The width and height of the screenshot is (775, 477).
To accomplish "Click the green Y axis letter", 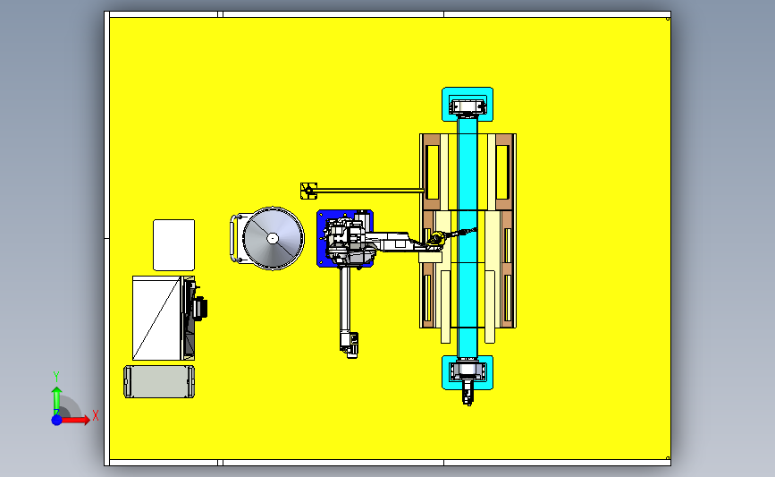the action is pos(55,377).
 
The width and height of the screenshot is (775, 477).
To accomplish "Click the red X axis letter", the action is pos(96,415).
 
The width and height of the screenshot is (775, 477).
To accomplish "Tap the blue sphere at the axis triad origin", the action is pos(57,420).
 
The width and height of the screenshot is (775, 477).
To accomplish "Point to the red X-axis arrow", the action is pos(75,420).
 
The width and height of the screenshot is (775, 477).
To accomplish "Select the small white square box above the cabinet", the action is pos(174,245).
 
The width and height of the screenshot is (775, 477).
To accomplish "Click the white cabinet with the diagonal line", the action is pos(157,319).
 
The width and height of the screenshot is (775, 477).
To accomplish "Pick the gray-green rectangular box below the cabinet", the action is pos(159,381).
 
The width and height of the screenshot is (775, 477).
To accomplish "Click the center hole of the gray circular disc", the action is pos(273,238).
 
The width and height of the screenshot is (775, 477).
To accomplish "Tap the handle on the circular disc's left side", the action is pos(233,238).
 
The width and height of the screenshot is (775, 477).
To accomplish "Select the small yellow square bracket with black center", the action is pos(308,191).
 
